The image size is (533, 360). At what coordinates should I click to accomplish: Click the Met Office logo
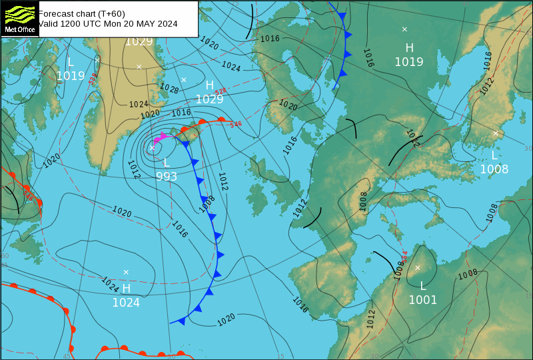(19, 19)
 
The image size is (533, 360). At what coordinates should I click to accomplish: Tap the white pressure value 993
(167, 177)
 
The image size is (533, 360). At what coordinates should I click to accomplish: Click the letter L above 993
(167, 163)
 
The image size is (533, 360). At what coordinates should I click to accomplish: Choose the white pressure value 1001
(422, 300)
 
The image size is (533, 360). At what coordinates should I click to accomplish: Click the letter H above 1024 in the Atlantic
(126, 288)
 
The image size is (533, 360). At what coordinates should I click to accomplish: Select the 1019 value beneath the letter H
(409, 62)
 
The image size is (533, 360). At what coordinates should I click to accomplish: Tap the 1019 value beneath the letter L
(71, 76)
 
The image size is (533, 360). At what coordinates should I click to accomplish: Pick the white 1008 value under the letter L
(494, 169)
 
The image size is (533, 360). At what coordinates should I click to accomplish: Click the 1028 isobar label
(169, 88)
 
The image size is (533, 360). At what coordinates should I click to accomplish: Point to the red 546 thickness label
(235, 124)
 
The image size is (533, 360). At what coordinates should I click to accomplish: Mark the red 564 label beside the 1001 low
(404, 256)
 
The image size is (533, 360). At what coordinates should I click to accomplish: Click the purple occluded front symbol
(160, 138)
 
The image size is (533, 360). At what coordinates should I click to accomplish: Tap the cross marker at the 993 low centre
(152, 148)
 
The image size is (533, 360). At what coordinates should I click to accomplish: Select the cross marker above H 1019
(404, 29)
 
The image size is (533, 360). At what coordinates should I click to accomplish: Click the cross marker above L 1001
(418, 268)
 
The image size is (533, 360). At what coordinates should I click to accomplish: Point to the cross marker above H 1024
(126, 271)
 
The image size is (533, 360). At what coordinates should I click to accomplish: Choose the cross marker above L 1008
(495, 133)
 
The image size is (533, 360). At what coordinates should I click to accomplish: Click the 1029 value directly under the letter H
(209, 99)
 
